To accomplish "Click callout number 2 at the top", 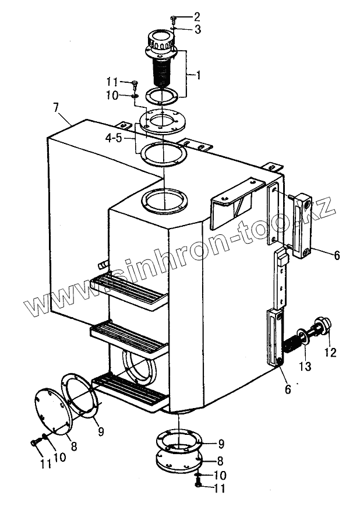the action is point(196,16).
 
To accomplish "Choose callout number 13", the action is point(305,366).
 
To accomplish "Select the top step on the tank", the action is point(128,289).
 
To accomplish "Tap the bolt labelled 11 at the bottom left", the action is point(35,443).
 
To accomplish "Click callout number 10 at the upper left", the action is point(113,94).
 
